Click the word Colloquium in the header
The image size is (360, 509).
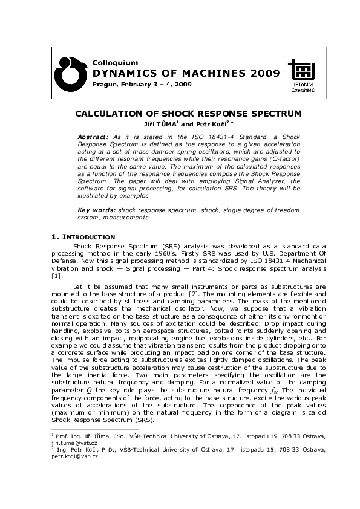coord(115,62)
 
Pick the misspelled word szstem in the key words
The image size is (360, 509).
coord(90,217)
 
